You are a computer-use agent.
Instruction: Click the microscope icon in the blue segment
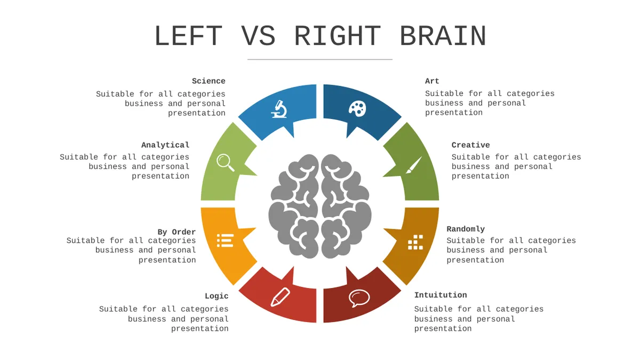pos(279,109)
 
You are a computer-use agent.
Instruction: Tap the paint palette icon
pos(357,109)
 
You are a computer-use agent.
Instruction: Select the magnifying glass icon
pos(226,163)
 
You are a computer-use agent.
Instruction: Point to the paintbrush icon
pos(414,165)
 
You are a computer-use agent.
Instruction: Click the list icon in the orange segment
pos(225,241)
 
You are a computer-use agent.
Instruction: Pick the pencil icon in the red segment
pos(281,297)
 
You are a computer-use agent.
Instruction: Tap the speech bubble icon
pos(359,298)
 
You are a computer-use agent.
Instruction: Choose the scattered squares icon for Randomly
pos(415,242)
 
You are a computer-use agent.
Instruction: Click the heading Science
pos(209,81)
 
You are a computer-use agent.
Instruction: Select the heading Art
pos(432,81)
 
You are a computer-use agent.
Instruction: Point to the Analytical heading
pos(165,145)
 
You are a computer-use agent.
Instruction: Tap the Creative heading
pos(470,145)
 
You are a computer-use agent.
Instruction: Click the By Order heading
pos(177,232)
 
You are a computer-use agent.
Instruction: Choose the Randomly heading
pos(466,229)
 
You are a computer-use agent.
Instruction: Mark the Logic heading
pos(217,297)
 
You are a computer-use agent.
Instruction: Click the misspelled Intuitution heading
pos(441,295)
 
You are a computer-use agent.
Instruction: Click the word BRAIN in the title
pos(443,36)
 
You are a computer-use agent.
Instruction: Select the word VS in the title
pos(258,36)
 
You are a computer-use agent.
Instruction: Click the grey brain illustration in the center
pos(320,206)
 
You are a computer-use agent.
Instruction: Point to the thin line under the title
pos(320,59)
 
